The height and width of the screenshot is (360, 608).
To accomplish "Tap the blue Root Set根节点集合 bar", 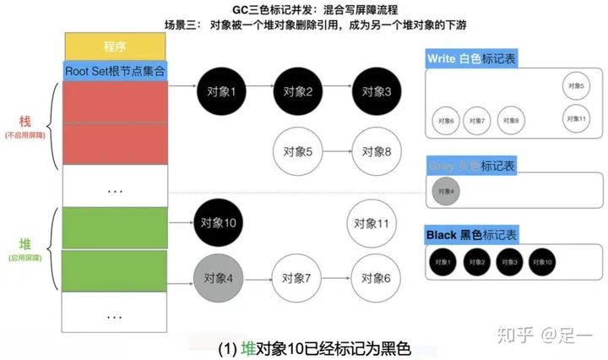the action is [116, 72].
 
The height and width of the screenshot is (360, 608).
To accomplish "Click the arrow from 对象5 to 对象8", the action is [338, 152].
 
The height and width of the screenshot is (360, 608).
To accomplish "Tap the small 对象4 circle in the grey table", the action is [447, 192].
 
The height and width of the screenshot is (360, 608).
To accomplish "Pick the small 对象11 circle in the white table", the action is [578, 117].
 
